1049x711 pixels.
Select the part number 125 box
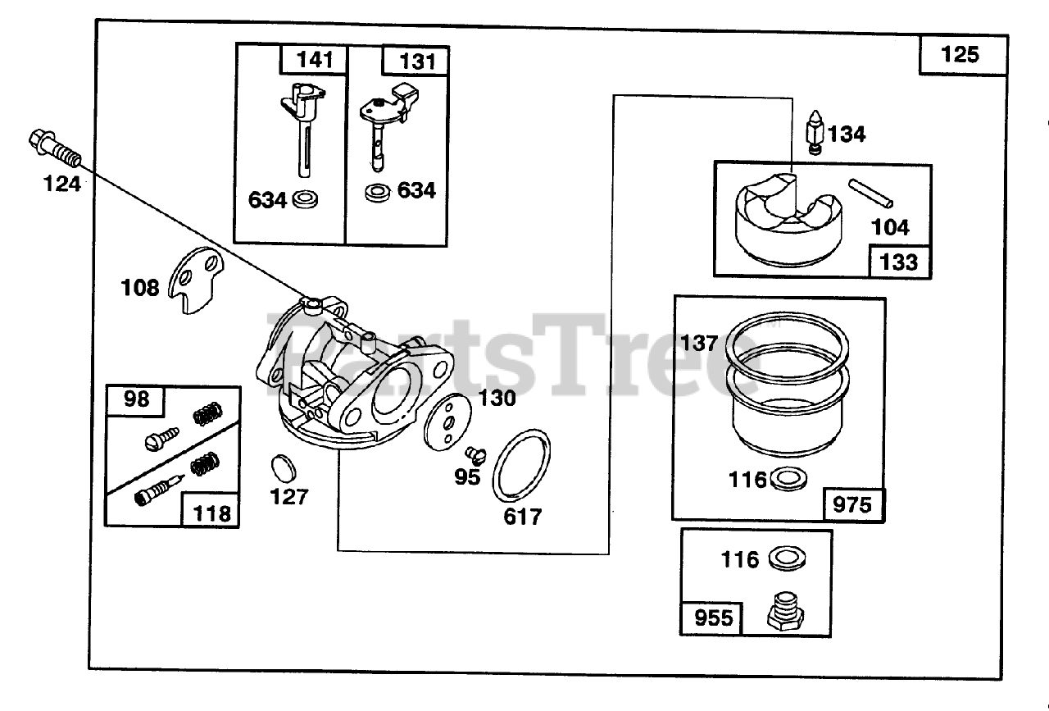pyautogui.click(x=960, y=55)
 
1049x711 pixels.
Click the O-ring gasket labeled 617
pyautogui.click(x=521, y=464)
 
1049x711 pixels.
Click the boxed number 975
pyautogui.click(x=851, y=504)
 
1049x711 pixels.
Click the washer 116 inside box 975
pyautogui.click(x=789, y=478)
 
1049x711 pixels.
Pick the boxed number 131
pyautogui.click(x=418, y=62)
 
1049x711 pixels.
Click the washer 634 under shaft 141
pyautogui.click(x=305, y=199)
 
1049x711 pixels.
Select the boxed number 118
pyautogui.click(x=211, y=513)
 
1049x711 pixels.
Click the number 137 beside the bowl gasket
pyautogui.click(x=699, y=342)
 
